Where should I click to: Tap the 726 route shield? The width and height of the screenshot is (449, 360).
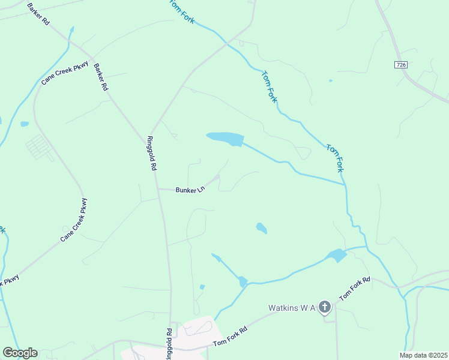401,64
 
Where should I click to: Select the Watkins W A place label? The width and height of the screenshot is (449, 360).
292,308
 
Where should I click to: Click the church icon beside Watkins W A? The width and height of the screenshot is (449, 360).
324,308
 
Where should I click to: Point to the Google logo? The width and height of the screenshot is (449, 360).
20,353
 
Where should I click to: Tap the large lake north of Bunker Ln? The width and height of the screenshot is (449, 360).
226,139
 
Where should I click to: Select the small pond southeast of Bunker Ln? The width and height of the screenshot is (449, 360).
261,228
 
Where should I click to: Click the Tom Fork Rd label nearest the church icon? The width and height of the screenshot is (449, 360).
355,289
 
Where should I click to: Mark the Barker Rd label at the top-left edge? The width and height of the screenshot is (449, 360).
38,13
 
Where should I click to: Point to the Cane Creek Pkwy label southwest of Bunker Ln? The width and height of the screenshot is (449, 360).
74,220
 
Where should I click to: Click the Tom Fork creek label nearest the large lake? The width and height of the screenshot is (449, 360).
270,88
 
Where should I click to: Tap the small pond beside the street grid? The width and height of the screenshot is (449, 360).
25,124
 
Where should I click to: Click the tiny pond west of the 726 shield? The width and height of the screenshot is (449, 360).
330,80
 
